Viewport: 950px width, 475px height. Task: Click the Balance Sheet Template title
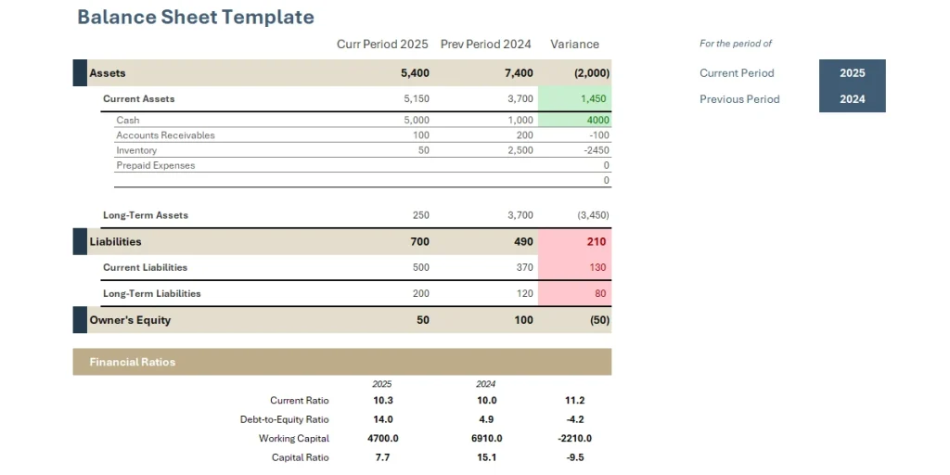click(196, 18)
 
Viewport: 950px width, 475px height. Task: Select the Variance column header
click(574, 45)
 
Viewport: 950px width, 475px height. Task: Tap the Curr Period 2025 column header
click(382, 45)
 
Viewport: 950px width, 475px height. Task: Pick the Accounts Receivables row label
click(165, 135)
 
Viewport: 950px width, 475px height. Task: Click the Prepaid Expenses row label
click(155, 165)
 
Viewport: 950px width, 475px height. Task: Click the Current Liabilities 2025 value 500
click(420, 267)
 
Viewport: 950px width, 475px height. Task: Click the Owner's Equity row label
click(130, 320)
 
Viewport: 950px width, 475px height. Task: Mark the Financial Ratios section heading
click(133, 362)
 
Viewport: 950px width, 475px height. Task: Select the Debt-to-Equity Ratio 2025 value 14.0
click(381, 419)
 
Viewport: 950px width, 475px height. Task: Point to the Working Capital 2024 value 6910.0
click(486, 438)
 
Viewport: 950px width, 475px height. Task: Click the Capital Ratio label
click(300, 457)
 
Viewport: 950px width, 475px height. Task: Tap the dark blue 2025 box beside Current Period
click(852, 73)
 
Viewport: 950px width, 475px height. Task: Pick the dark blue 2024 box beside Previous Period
click(852, 99)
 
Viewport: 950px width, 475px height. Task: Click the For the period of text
click(735, 44)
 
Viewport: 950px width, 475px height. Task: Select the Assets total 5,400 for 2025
click(415, 73)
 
